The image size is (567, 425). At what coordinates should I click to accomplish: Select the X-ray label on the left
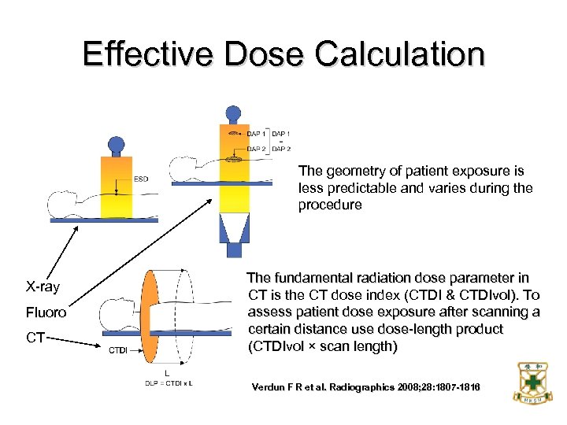43,286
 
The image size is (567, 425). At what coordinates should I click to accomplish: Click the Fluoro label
46,312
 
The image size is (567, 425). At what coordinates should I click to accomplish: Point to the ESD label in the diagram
141,179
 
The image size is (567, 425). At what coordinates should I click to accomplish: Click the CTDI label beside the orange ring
118,349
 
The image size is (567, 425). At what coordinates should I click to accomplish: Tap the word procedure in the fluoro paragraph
330,205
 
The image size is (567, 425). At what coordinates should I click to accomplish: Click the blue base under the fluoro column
234,249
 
